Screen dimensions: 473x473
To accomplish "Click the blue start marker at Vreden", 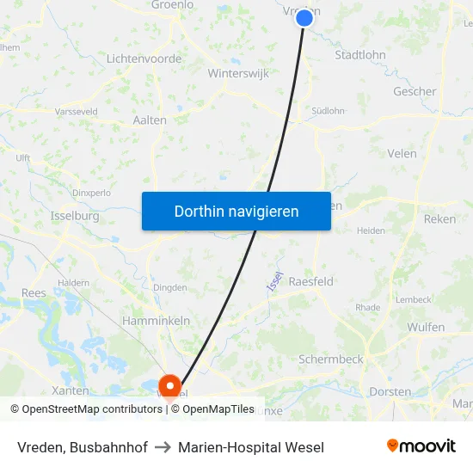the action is (x=304, y=17).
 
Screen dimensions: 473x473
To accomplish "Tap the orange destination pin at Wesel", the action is (x=169, y=385).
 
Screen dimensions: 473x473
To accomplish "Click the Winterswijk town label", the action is (x=238, y=74).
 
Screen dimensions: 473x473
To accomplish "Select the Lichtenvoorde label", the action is (x=144, y=58).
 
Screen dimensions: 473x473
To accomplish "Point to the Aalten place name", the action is (x=150, y=120).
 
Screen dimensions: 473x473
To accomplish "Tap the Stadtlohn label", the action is (x=360, y=55).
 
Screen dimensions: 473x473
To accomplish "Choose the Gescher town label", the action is (x=415, y=91).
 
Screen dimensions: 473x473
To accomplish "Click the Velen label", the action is (x=402, y=154).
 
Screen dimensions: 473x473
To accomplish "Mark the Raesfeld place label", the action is (x=310, y=281).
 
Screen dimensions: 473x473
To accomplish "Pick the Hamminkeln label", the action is (x=156, y=320).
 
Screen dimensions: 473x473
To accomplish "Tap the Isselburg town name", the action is (x=75, y=216).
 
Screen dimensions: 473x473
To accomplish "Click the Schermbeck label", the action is (x=330, y=359).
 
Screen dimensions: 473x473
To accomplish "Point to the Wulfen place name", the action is (x=426, y=327).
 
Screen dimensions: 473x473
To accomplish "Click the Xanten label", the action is (x=70, y=390).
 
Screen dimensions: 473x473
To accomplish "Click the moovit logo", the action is (x=421, y=446).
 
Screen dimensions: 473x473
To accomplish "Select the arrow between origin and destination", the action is (x=163, y=447).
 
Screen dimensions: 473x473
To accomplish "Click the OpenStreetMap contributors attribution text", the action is (x=87, y=409).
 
